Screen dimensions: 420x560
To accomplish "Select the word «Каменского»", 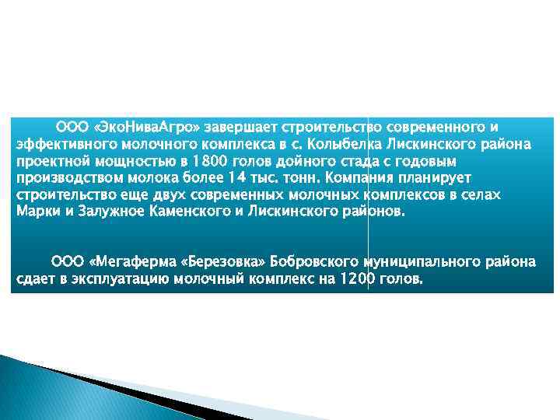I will pyautogui.click(x=187, y=212).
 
